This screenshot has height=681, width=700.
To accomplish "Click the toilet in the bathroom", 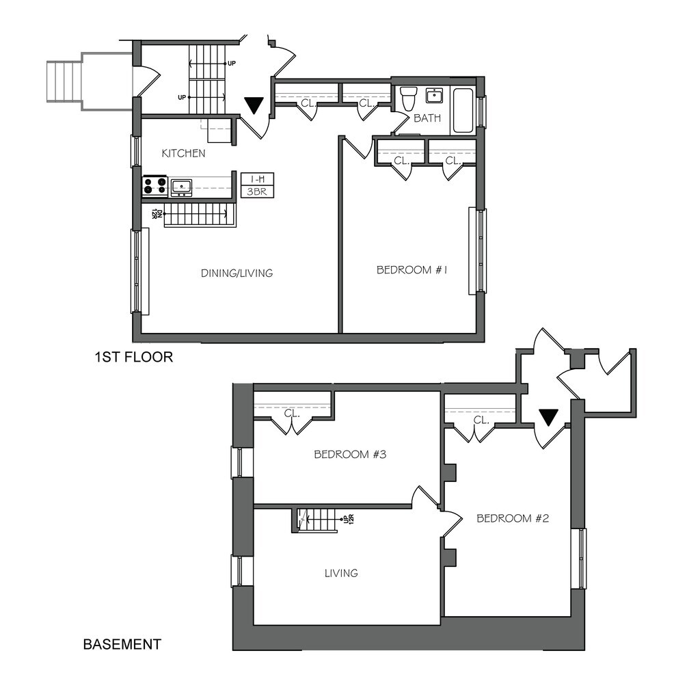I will [409, 99].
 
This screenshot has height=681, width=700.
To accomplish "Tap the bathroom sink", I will [434, 95].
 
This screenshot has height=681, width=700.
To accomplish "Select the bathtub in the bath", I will [463, 110].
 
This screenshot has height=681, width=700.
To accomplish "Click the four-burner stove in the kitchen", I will [155, 186].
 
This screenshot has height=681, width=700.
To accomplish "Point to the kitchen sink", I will [181, 185].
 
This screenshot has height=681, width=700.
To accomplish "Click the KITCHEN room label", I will [183, 153].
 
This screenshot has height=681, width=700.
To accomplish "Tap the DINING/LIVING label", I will [237, 273].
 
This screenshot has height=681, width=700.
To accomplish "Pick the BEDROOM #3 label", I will [350, 454].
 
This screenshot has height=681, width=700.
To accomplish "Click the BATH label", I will [427, 118].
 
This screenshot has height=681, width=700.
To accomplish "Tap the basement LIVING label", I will [341, 573].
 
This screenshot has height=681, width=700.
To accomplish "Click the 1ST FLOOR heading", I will [133, 357].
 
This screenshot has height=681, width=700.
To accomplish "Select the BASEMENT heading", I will [122, 644].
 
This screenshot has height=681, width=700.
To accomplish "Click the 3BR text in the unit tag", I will [258, 191].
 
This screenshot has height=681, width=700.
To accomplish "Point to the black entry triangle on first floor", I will [254, 105].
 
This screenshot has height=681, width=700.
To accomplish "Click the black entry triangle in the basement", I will [548, 416].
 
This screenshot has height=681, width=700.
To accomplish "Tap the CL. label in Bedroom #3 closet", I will [293, 414].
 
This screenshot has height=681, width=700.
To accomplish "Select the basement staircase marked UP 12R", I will [319, 520].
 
